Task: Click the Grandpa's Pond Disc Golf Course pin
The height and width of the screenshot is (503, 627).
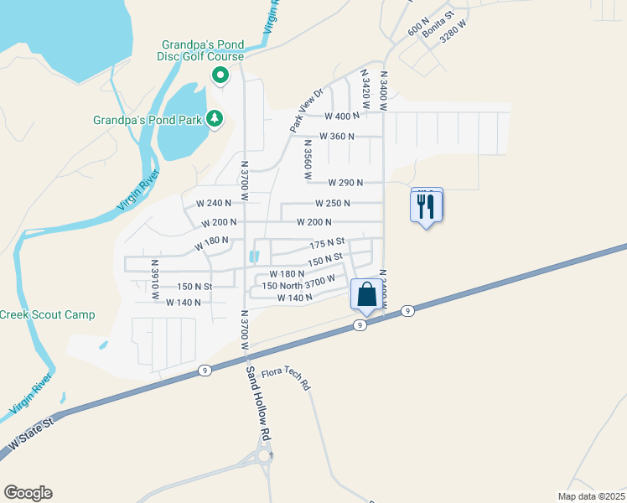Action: [x=220, y=76]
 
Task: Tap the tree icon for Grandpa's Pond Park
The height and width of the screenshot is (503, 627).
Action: [x=215, y=119]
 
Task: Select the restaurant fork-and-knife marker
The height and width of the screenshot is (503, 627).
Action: [x=426, y=204]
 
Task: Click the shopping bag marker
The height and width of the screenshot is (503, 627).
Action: [x=366, y=294]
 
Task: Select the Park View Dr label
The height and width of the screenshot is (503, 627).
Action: [x=306, y=110]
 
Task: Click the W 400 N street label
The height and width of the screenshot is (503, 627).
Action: [x=341, y=117]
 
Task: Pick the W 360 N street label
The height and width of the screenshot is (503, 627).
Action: [x=337, y=137]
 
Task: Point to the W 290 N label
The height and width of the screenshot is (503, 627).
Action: [x=345, y=182]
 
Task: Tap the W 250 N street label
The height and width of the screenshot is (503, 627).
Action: [x=333, y=204]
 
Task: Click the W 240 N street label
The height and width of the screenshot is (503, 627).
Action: [x=214, y=204]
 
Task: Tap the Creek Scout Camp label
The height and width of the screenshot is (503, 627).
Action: [x=47, y=315]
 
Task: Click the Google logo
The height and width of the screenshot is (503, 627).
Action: [x=28, y=493]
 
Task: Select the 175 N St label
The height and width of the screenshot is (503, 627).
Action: [x=327, y=244]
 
